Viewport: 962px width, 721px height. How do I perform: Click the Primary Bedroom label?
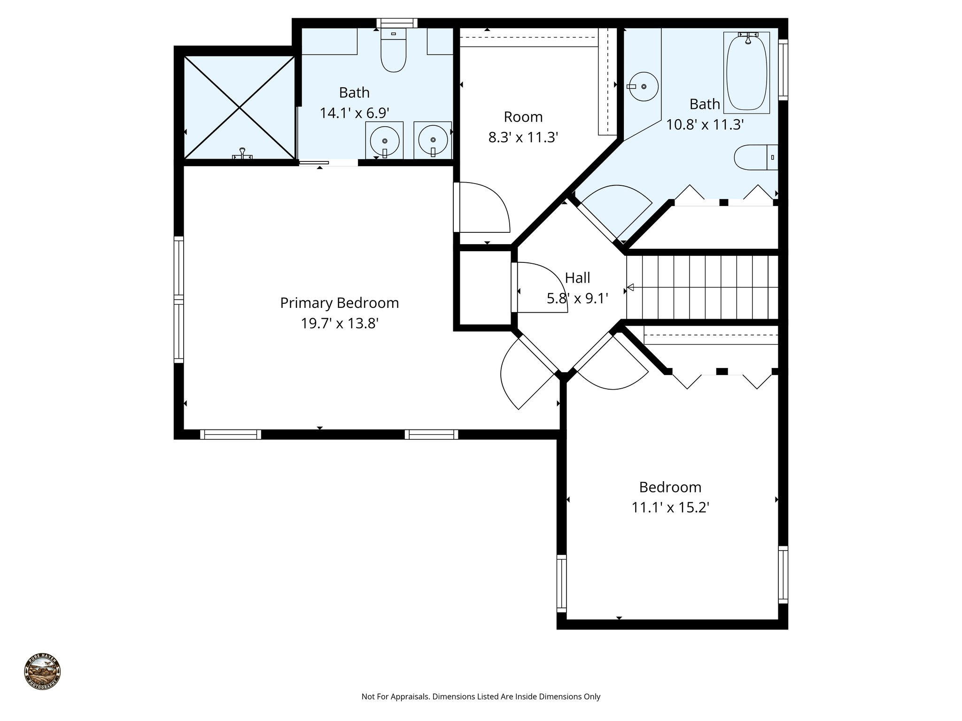(x=339, y=303)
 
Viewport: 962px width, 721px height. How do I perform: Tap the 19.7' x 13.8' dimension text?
(x=339, y=323)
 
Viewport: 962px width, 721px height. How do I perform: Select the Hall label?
(x=577, y=278)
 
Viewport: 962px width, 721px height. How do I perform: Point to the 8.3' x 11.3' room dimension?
(x=523, y=138)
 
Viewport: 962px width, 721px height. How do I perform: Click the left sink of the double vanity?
(x=385, y=140)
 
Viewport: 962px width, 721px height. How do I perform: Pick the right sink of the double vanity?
(x=433, y=140)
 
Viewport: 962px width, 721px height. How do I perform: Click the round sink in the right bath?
(x=644, y=86)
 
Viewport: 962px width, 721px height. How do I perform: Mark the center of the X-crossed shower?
(x=240, y=107)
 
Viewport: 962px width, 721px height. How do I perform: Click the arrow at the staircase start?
(x=631, y=287)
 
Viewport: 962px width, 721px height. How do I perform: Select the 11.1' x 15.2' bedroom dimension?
(x=670, y=508)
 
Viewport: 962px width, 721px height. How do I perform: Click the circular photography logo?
(x=42, y=672)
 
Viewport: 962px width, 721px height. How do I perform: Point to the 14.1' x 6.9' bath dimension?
(x=354, y=113)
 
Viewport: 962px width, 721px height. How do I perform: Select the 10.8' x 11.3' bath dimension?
(x=705, y=124)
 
